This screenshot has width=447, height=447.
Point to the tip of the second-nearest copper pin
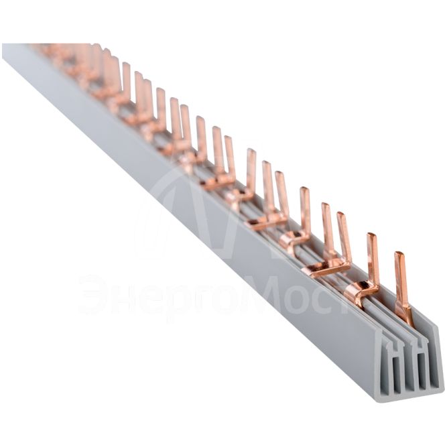(371, 235)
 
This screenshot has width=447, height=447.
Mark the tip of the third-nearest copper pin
(341, 214)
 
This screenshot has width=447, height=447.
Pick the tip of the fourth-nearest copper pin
(326, 204)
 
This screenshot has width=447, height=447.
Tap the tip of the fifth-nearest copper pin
(304, 189)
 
